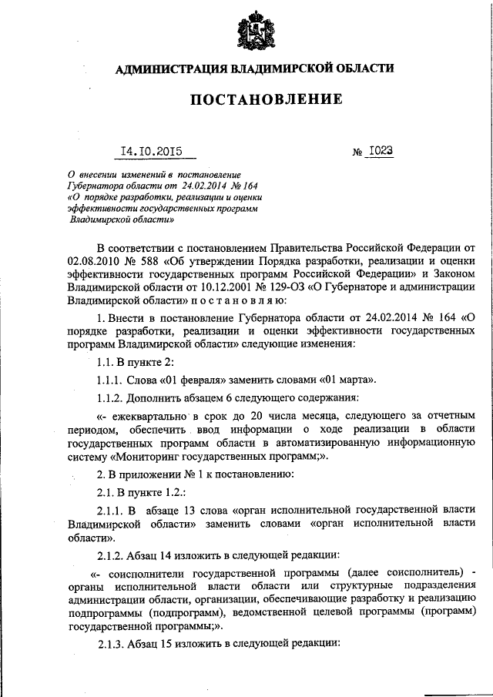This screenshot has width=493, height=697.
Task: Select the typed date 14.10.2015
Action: [149, 151]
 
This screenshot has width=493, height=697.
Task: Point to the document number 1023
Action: [380, 151]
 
